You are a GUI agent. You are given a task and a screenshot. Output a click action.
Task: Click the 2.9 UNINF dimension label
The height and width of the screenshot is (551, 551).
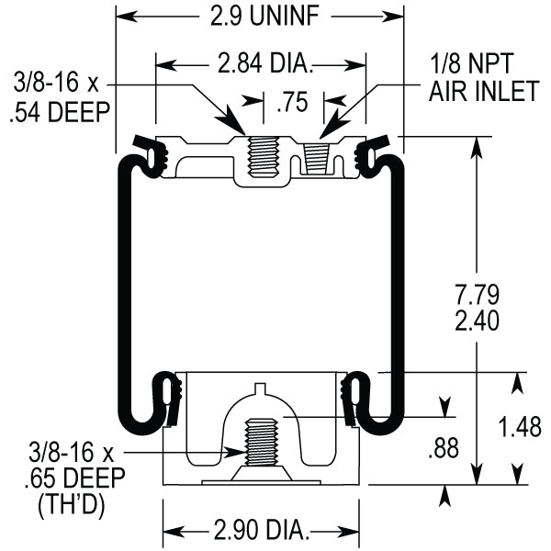tap(259, 16)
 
